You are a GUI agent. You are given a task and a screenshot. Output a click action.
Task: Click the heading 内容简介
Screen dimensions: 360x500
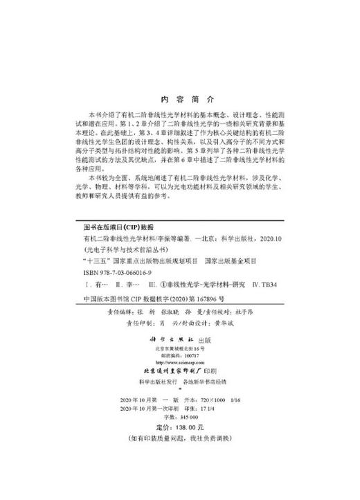tap(179, 98)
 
